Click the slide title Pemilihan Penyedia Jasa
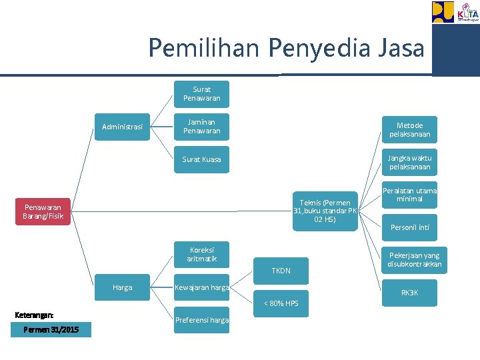[286, 48]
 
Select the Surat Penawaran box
[201, 94]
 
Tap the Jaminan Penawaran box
[201, 127]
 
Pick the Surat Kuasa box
[201, 160]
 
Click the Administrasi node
[122, 127]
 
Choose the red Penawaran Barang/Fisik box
[43, 211]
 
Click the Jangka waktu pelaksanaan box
[409, 162]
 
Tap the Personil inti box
[410, 227]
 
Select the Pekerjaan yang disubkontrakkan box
[414, 260]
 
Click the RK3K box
[410, 293]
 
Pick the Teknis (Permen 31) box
[325, 211]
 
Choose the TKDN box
[281, 271]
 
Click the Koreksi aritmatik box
[201, 254]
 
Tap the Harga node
[123, 287]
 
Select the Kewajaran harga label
[201, 287]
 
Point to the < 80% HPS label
[281, 304]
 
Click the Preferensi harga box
[201, 320]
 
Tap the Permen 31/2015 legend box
[51, 330]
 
